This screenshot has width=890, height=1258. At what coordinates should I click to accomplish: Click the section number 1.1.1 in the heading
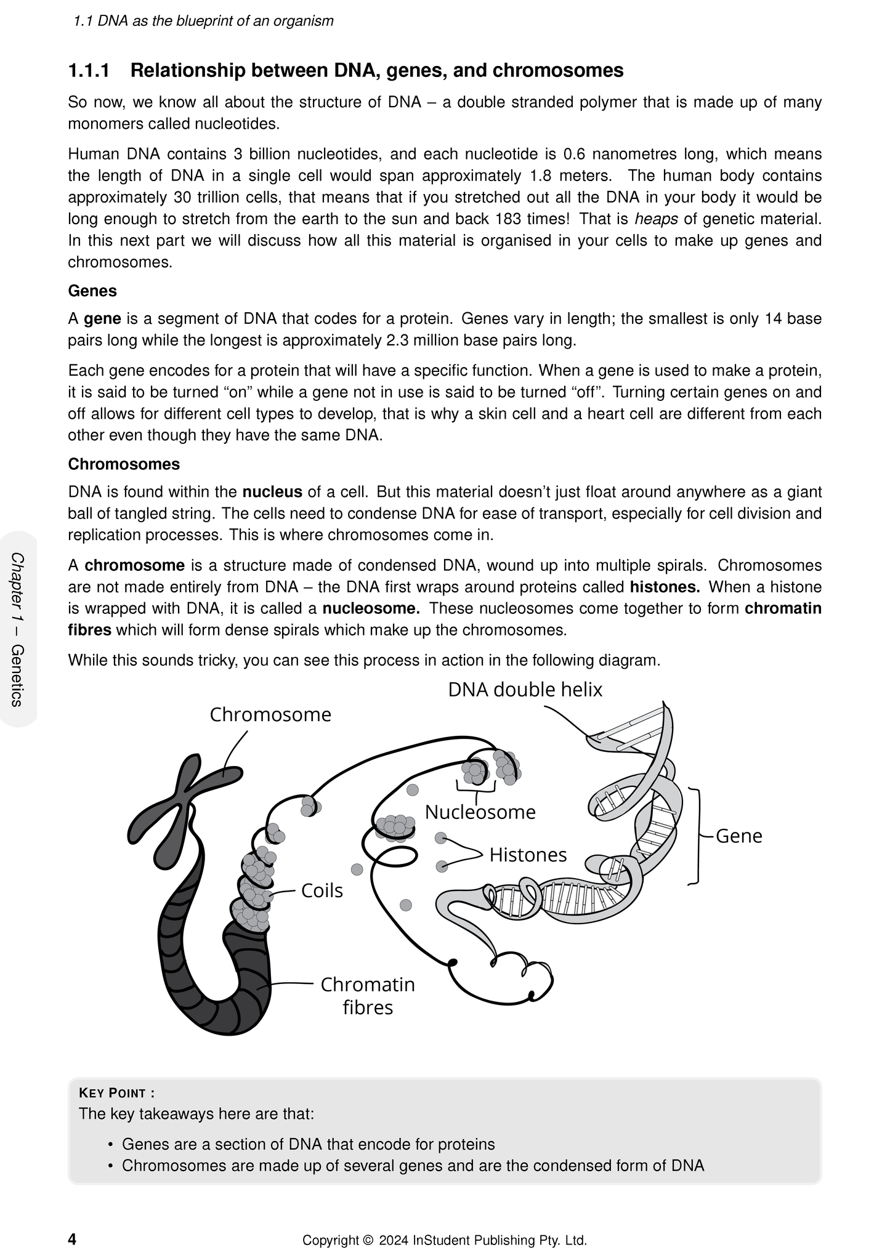(x=89, y=71)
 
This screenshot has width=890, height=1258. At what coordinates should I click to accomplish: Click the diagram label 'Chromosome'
(x=270, y=714)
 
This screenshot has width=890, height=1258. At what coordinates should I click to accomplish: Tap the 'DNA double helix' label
(x=525, y=689)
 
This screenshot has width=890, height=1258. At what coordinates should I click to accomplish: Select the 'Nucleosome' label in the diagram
(x=480, y=812)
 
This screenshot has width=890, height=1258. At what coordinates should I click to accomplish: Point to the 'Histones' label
(x=528, y=855)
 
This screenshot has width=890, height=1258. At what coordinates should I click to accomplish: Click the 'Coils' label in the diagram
(x=322, y=890)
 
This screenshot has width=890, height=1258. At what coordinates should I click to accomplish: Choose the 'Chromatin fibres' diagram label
(x=368, y=996)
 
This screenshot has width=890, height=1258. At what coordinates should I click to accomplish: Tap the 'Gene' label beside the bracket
(x=738, y=836)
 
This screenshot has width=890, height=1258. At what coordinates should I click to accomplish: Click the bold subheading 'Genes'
(x=92, y=291)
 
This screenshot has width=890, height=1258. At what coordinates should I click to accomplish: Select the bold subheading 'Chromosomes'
(x=124, y=464)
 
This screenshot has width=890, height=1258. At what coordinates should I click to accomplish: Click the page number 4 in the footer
(x=72, y=1239)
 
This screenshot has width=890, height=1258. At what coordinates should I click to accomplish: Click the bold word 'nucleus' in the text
(x=272, y=492)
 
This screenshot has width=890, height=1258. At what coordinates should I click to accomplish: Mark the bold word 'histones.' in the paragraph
(x=665, y=587)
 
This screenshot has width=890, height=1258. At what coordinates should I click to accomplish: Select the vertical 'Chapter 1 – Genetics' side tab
(x=18, y=629)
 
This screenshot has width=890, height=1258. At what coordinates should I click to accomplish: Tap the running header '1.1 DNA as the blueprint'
(x=203, y=21)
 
